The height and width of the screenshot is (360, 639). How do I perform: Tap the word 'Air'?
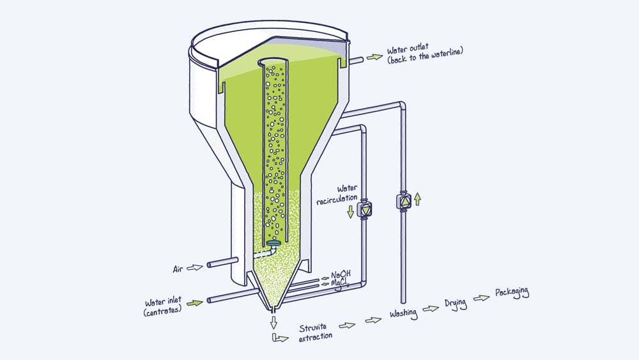pos(179,269)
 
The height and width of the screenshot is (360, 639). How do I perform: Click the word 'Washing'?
pos(403,313)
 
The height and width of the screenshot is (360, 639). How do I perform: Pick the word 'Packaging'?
pos(512,293)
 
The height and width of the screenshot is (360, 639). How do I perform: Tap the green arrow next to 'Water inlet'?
pos(195,301)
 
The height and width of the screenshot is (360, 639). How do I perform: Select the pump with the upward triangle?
pos(403,202)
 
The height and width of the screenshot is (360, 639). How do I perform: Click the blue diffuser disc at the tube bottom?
pos(274,243)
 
